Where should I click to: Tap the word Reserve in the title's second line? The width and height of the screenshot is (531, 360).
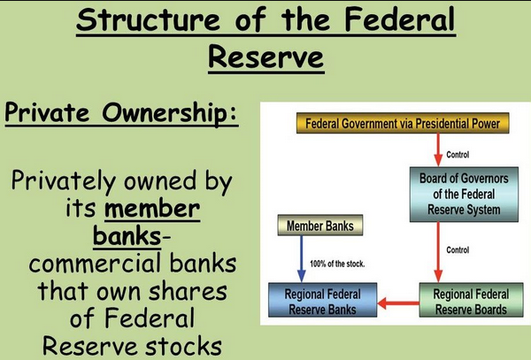click(x=266, y=57)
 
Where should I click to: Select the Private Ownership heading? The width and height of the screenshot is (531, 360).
click(x=121, y=113)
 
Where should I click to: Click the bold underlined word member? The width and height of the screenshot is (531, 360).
click(x=152, y=209)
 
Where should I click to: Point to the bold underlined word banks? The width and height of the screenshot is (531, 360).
click(x=127, y=235)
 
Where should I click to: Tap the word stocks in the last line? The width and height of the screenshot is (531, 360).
click(x=184, y=346)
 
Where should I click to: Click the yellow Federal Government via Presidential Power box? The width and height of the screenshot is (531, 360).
click(x=403, y=123)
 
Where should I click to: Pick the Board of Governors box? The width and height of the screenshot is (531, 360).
click(x=464, y=195)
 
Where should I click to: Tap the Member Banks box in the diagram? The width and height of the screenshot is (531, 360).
click(x=320, y=226)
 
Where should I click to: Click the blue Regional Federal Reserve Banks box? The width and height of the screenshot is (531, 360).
click(x=322, y=300)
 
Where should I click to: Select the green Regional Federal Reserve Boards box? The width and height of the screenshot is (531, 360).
click(x=471, y=300)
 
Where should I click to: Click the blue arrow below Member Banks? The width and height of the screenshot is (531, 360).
click(x=301, y=259)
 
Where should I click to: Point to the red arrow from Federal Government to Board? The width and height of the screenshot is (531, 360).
click(x=438, y=149)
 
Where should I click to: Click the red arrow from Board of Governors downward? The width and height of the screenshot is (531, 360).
click(x=438, y=252)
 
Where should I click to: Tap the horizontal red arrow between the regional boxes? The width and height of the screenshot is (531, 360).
click(x=398, y=303)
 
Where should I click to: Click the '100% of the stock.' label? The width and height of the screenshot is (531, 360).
click(x=337, y=264)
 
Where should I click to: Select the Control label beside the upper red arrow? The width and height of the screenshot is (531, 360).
click(x=458, y=155)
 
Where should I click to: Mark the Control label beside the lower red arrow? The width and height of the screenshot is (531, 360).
click(x=458, y=250)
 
